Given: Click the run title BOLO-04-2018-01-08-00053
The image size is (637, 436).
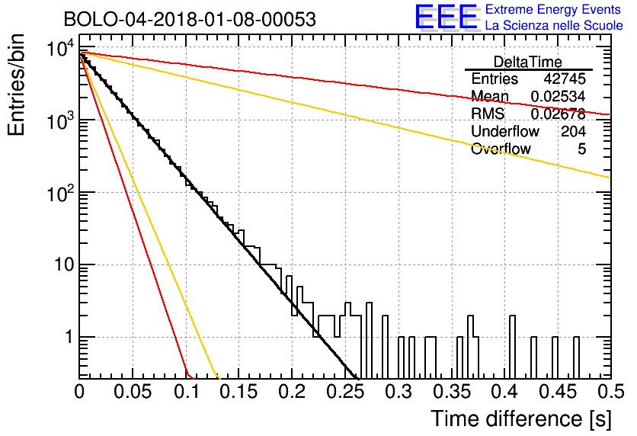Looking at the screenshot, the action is click(x=190, y=19).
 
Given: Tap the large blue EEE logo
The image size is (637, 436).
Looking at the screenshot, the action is click(x=447, y=17).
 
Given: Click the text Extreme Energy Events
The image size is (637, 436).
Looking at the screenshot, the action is click(x=553, y=9).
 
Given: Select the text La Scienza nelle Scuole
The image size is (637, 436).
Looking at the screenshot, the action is click(x=554, y=26).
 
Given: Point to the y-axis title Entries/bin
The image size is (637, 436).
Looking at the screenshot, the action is click(x=16, y=85).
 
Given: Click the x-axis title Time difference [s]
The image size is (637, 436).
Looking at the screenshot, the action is click(x=521, y=419).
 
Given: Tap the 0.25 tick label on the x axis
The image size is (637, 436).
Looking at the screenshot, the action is click(x=345, y=392).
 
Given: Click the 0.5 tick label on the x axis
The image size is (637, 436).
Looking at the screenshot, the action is click(x=610, y=392).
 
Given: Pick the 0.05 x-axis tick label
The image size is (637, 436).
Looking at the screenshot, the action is click(x=133, y=392).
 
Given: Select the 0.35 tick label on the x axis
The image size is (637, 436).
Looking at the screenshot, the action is click(x=452, y=392).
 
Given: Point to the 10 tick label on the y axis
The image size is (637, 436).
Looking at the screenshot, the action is click(x=65, y=265).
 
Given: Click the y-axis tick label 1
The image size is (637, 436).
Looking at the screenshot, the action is click(x=70, y=337).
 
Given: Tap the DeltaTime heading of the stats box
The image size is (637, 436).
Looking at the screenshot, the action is click(x=528, y=63).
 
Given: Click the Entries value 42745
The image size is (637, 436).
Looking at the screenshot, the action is click(x=565, y=79).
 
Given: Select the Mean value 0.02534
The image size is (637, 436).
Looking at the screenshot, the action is click(x=559, y=96).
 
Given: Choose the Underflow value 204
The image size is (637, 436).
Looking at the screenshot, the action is click(x=573, y=131).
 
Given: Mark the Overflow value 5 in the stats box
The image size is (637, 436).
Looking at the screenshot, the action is click(x=581, y=149).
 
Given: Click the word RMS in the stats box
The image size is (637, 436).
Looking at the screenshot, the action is click(x=488, y=114).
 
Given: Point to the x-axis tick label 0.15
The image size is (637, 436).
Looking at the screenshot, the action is click(x=239, y=392).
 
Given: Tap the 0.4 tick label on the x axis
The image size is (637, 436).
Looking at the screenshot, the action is click(x=504, y=392).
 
